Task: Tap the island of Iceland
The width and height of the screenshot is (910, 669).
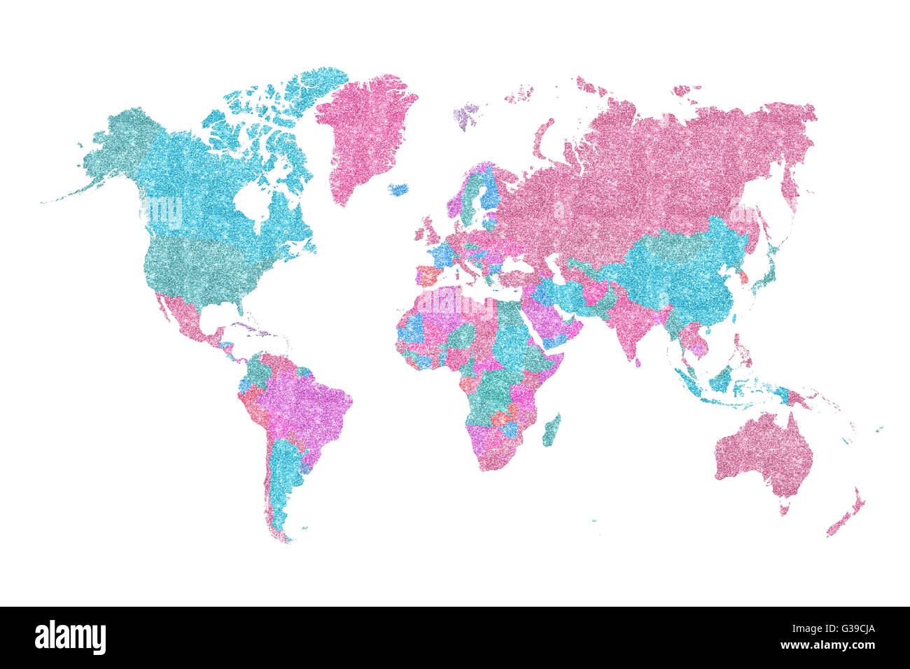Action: (x=398, y=189)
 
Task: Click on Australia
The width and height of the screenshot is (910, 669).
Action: (x=763, y=451)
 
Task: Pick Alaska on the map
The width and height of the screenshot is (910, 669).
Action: (x=115, y=147)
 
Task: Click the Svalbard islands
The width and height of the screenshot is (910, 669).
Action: (x=465, y=115)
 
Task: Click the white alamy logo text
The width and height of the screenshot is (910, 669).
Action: (x=70, y=638)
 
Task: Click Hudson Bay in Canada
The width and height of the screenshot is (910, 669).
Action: (x=252, y=199)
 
